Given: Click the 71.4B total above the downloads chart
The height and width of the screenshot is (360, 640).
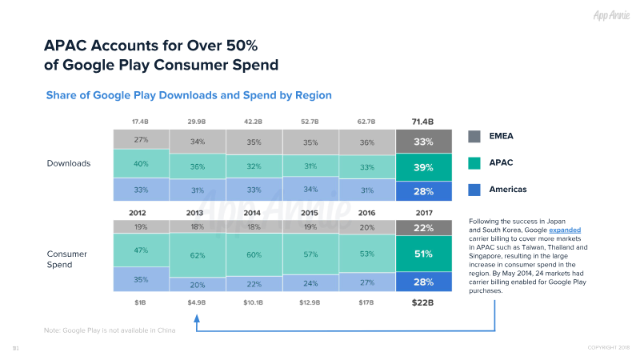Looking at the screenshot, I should [x=422, y=122].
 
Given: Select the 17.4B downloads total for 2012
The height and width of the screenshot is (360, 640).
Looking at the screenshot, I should [x=140, y=122].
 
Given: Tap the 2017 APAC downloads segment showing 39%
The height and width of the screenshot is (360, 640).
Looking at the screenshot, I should [x=422, y=167].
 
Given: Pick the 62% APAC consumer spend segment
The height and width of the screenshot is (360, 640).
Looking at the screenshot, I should [x=197, y=255].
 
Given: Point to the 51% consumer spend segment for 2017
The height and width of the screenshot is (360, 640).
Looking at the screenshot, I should [x=422, y=254].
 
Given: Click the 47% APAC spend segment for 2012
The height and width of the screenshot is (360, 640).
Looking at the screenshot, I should [x=140, y=250].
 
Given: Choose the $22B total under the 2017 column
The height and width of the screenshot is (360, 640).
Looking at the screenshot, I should [x=422, y=303].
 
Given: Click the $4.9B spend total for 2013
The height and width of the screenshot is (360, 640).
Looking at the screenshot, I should [x=197, y=303].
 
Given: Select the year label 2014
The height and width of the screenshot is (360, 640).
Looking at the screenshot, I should [x=253, y=214].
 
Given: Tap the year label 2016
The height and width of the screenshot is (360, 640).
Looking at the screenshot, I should [x=366, y=214].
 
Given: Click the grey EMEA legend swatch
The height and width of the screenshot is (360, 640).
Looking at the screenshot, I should [x=474, y=136].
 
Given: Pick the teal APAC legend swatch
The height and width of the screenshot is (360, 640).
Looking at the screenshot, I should [x=474, y=163].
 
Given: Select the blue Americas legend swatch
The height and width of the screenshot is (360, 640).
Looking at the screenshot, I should [x=474, y=190].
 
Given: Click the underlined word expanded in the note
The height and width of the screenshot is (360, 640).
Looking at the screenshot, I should [x=564, y=230].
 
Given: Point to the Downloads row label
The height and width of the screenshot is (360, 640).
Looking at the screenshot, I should [x=69, y=163].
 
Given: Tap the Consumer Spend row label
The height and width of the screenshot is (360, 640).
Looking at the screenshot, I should [x=68, y=258].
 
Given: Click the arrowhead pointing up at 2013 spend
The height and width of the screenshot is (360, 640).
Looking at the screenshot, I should [x=197, y=318].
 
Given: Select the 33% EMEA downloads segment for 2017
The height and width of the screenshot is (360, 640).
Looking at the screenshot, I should [x=422, y=142].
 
